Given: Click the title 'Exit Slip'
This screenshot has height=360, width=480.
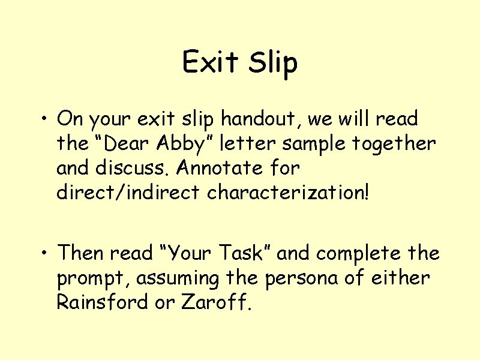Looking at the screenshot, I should (240, 62).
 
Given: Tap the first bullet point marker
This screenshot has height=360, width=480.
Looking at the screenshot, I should (45, 119).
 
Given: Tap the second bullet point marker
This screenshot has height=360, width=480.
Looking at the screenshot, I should (45, 254).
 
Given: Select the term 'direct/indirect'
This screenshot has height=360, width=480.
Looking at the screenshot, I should (129, 193).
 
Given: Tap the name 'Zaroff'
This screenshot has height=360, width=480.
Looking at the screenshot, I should (214, 303).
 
